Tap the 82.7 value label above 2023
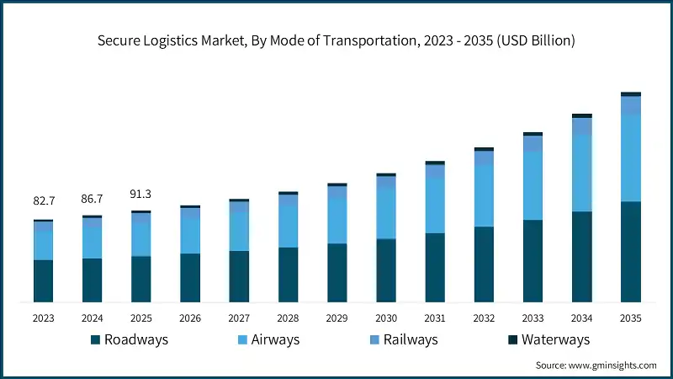[x=44, y=201]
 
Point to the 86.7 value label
[x=93, y=198]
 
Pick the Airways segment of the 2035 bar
[x=631, y=157]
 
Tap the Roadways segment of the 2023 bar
[x=44, y=280]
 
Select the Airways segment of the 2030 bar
[x=386, y=213]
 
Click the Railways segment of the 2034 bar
[x=582, y=126]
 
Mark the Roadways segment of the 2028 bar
[x=289, y=274]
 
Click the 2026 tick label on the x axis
[x=190, y=318]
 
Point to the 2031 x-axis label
[x=435, y=318]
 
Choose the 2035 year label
[x=631, y=318]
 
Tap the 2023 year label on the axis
[x=44, y=318]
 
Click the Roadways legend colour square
[x=96, y=340]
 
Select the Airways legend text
[x=273, y=340]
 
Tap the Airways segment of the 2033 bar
[x=533, y=186]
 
